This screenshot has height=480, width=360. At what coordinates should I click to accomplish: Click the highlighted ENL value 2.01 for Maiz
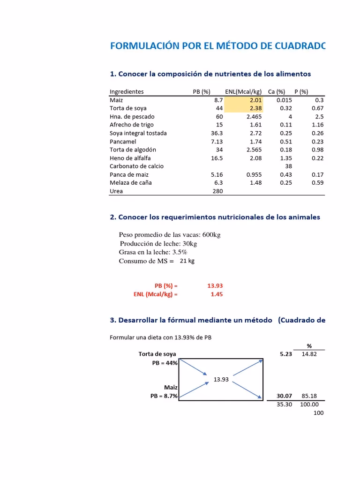click(x=256, y=100)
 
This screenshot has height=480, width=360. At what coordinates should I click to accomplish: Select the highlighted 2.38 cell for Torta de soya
click(x=256, y=108)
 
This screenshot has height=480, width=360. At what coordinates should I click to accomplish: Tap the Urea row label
click(x=116, y=191)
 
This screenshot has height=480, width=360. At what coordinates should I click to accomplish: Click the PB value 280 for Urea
click(x=217, y=191)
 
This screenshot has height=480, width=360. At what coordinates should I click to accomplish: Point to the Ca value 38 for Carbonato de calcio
click(x=288, y=166)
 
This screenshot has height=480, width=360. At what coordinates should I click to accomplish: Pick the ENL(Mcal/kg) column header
click(x=243, y=92)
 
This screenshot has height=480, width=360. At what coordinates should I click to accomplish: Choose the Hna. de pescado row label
click(x=132, y=117)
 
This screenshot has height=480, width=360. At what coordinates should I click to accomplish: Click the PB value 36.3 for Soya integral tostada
click(x=217, y=133)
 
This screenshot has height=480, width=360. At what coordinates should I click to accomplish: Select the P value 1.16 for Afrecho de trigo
click(x=317, y=125)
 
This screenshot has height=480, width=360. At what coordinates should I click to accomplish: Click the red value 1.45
click(x=217, y=294)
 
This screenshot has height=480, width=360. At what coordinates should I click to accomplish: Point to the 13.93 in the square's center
click(x=221, y=379)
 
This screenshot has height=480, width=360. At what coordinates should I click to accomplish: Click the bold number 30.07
click(x=284, y=396)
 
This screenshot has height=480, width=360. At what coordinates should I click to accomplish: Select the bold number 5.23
click(x=285, y=354)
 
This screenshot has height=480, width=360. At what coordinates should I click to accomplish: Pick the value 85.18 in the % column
click(x=309, y=396)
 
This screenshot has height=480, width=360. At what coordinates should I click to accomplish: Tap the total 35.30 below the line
click(x=284, y=404)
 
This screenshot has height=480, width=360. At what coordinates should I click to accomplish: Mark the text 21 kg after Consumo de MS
click(x=187, y=261)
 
